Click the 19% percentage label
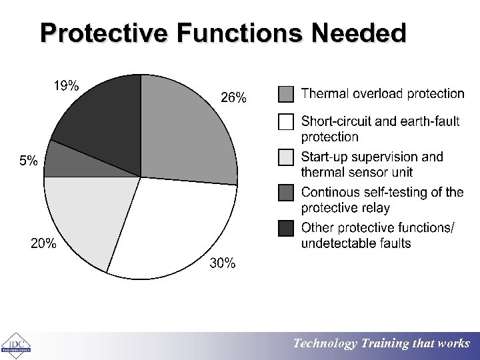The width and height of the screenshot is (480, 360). (66, 85)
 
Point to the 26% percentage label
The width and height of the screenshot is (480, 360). (233, 98)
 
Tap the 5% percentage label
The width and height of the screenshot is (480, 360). (28, 161)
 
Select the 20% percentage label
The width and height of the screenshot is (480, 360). (44, 244)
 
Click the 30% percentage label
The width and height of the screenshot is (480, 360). (223, 263)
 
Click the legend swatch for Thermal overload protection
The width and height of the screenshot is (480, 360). (286, 94)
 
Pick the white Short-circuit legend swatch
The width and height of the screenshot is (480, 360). (286, 122)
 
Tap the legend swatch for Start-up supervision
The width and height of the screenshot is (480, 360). (286, 157)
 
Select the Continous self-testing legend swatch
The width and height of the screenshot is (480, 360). (286, 193)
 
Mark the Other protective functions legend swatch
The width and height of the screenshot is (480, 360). (286, 228)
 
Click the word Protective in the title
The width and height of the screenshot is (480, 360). (106, 33)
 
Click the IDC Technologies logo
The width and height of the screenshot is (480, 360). (16, 344)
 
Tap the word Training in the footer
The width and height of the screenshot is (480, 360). (385, 343)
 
